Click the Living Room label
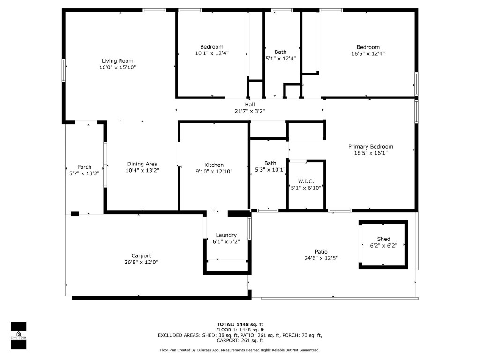point(118,61)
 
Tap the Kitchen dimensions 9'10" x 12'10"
point(214,172)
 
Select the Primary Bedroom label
point(371,147)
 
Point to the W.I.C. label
point(306,181)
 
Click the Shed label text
point(383,239)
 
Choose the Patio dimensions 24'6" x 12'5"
point(321,258)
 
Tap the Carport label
point(141,255)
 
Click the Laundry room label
point(226,235)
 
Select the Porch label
point(84,167)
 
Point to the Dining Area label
point(142,164)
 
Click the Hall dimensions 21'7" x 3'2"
point(250,111)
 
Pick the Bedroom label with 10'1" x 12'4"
point(212,47)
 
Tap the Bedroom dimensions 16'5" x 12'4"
point(368,53)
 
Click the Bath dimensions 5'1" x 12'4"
point(281,59)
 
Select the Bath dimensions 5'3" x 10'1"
point(270,170)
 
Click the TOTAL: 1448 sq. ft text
point(240,324)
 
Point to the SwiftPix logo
point(18,335)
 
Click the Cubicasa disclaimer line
point(240,350)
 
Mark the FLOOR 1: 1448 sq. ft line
point(240,330)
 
